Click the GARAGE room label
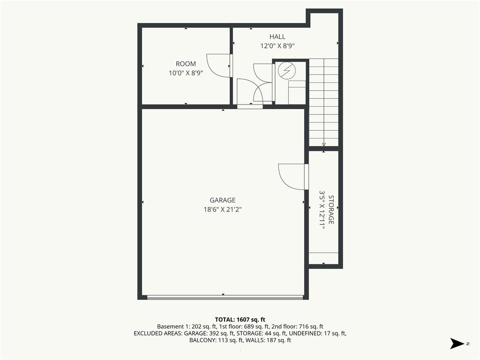(x=223, y=200)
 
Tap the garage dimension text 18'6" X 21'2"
(x=223, y=210)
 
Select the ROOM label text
(x=186, y=64)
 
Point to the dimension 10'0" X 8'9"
(x=186, y=73)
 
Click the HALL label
(x=277, y=37)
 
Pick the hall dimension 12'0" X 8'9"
(x=277, y=46)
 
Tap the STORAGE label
(x=331, y=210)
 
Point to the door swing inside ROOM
(x=217, y=66)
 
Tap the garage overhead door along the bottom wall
(x=225, y=297)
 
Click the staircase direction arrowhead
(x=324, y=144)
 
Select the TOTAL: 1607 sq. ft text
(x=240, y=319)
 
